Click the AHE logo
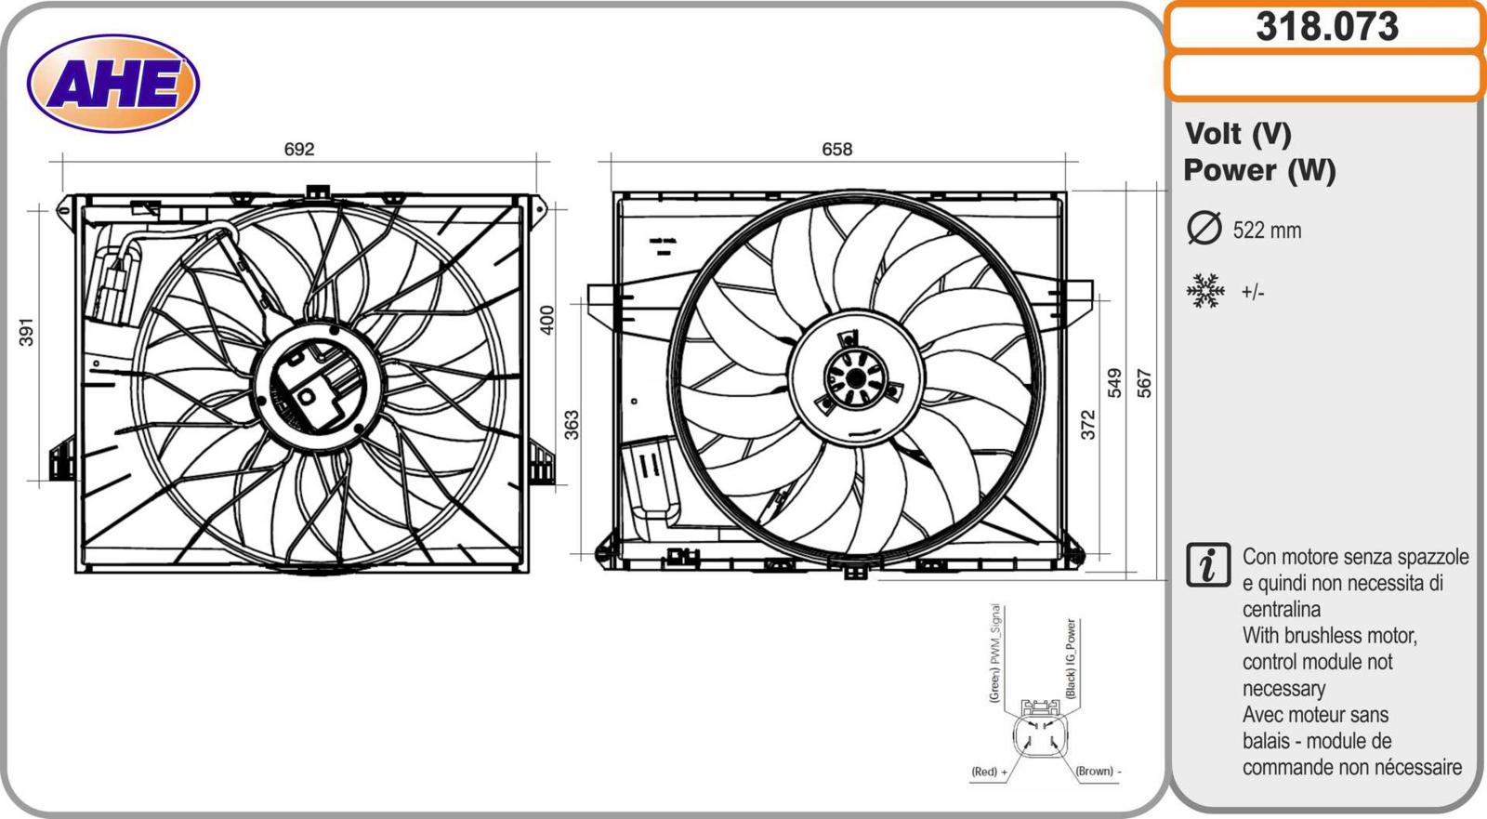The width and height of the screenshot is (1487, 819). pos(113,83)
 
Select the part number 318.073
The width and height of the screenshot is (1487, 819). pos(1327,27)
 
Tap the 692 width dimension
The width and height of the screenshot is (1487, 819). pos(298,149)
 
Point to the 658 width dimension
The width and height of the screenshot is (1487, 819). pos(836,149)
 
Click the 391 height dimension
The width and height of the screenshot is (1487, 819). pos(26,332)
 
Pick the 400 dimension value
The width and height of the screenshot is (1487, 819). pos(546,320)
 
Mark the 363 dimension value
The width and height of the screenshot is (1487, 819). pos(571,425)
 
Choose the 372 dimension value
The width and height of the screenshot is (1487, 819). pos(1087,425)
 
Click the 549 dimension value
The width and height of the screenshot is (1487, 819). pos(1114,383)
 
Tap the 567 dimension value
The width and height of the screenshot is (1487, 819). pos(1144,383)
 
